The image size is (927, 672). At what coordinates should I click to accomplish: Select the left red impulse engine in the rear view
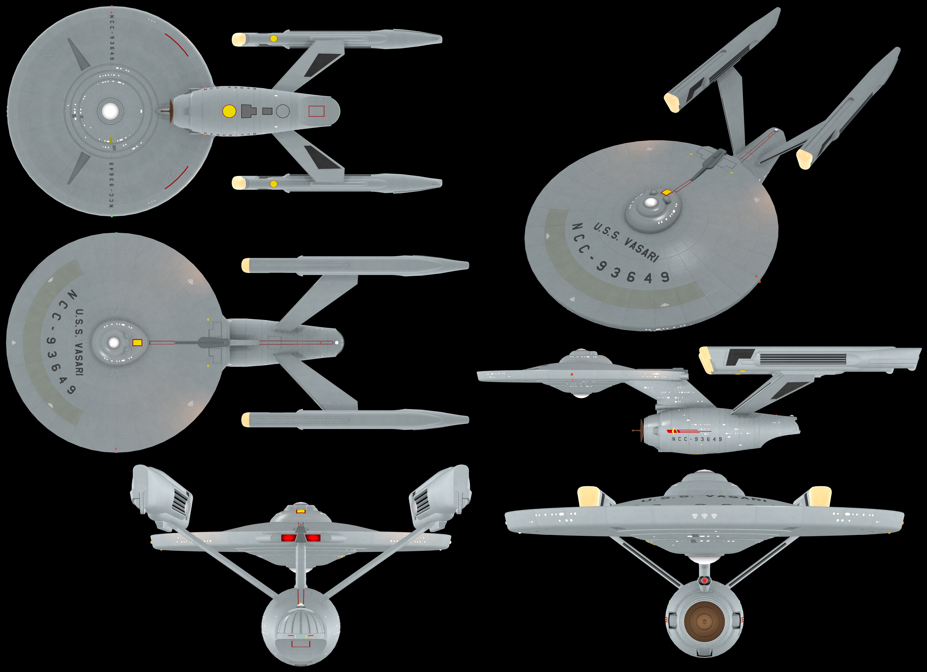click(287, 538)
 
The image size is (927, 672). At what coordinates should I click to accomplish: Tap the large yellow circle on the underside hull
click(229, 111)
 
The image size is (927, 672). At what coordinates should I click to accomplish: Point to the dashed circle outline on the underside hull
click(283, 111)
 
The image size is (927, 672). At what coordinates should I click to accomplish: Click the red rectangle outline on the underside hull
click(316, 111)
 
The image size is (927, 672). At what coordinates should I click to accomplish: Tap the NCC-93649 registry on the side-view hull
click(697, 439)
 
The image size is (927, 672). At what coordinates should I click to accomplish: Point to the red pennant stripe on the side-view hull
click(689, 431)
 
